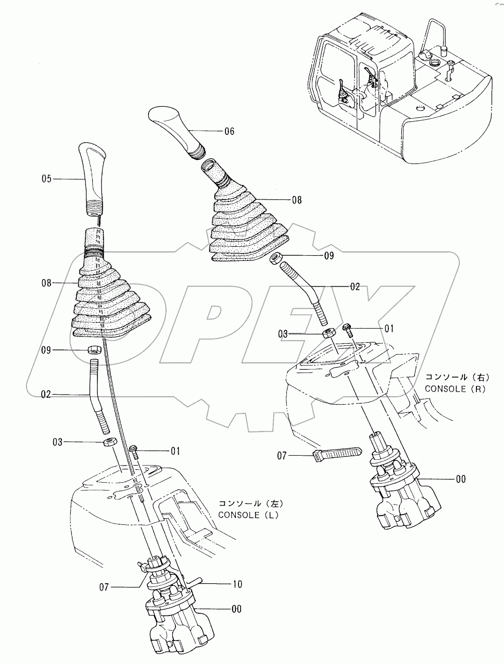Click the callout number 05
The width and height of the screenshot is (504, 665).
(46, 179)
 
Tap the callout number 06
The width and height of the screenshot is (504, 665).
(229, 131)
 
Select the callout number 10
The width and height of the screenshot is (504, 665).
(237, 584)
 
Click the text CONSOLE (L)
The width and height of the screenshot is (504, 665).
(248, 515)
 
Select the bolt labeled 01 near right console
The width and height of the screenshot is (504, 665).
(348, 329)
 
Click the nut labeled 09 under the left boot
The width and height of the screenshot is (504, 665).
(94, 349)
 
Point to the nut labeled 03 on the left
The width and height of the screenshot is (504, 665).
(108, 442)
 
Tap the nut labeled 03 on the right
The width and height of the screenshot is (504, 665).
(328, 333)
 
